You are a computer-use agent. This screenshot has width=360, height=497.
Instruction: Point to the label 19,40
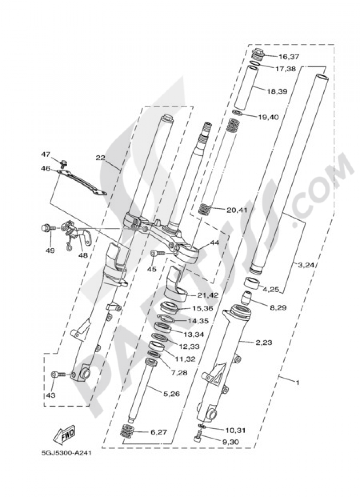(269, 117)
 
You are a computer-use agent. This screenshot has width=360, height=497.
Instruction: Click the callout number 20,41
(237, 210)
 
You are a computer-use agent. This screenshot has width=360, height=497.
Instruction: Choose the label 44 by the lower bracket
(215, 243)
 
